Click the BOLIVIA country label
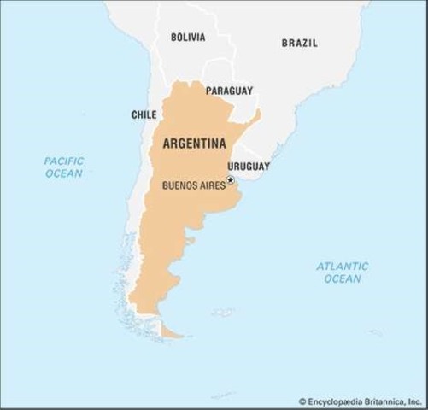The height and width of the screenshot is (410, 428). point(188,38)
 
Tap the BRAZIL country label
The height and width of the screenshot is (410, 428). point(299,43)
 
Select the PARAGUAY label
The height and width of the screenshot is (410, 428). point(229,90)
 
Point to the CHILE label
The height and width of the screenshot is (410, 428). point(144,114)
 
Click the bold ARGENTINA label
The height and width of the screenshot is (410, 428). point(194,143)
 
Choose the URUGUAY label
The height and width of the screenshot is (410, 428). point(249,166)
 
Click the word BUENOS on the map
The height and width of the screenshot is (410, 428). point(179,184)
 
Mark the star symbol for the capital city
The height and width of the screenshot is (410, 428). point(230,180)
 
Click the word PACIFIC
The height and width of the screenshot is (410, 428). point(64,161)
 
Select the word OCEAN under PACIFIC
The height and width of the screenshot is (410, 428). point(64,173)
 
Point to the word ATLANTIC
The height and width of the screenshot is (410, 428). point(342,266)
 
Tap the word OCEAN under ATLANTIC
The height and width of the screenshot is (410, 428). point(342,279)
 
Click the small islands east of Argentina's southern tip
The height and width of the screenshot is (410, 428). point(220,312)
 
